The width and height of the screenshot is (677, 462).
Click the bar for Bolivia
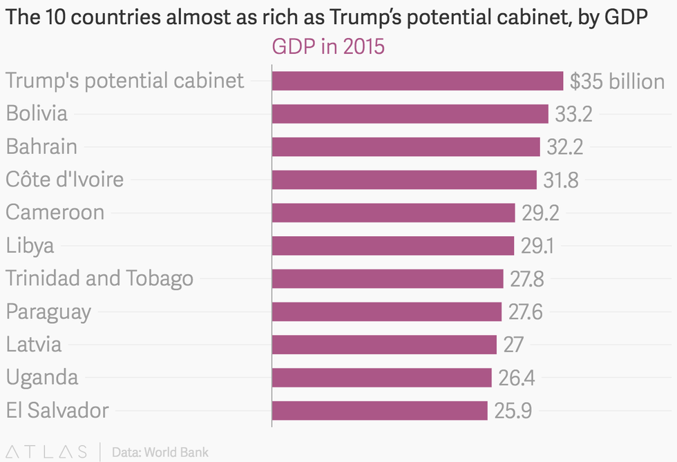[410, 114]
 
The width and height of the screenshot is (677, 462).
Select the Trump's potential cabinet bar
[417, 81]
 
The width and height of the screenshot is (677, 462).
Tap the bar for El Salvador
[379, 411]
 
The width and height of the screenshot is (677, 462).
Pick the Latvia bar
[384, 345]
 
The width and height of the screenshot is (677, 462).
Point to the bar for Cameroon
[393, 213]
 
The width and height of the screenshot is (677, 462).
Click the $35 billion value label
[617, 81]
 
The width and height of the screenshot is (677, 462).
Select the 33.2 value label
[573, 114]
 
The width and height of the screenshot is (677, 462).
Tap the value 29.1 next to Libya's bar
[537, 246]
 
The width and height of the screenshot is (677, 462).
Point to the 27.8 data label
[526, 279]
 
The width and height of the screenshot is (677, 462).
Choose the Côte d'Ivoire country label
[65, 180]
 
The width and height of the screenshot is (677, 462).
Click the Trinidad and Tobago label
[99, 278]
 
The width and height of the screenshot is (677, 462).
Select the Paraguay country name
[48, 312]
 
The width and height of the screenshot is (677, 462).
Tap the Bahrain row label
[41, 146]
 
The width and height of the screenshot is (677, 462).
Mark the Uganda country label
[42, 378]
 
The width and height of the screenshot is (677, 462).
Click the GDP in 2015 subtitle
[328, 47]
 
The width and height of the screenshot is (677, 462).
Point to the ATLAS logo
[45, 452]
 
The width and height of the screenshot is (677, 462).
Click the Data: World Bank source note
[160, 452]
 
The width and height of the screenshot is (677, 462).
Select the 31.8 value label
[561, 180]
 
